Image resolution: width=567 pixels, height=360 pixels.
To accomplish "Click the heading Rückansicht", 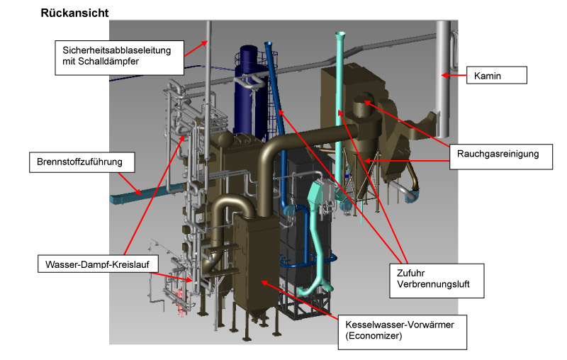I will tap(75, 13).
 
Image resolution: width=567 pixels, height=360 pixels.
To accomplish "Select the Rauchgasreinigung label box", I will tap(500, 153).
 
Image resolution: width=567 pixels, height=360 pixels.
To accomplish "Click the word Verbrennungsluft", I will tap(430, 289).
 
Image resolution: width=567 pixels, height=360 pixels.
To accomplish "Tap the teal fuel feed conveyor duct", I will tap(135, 191).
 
